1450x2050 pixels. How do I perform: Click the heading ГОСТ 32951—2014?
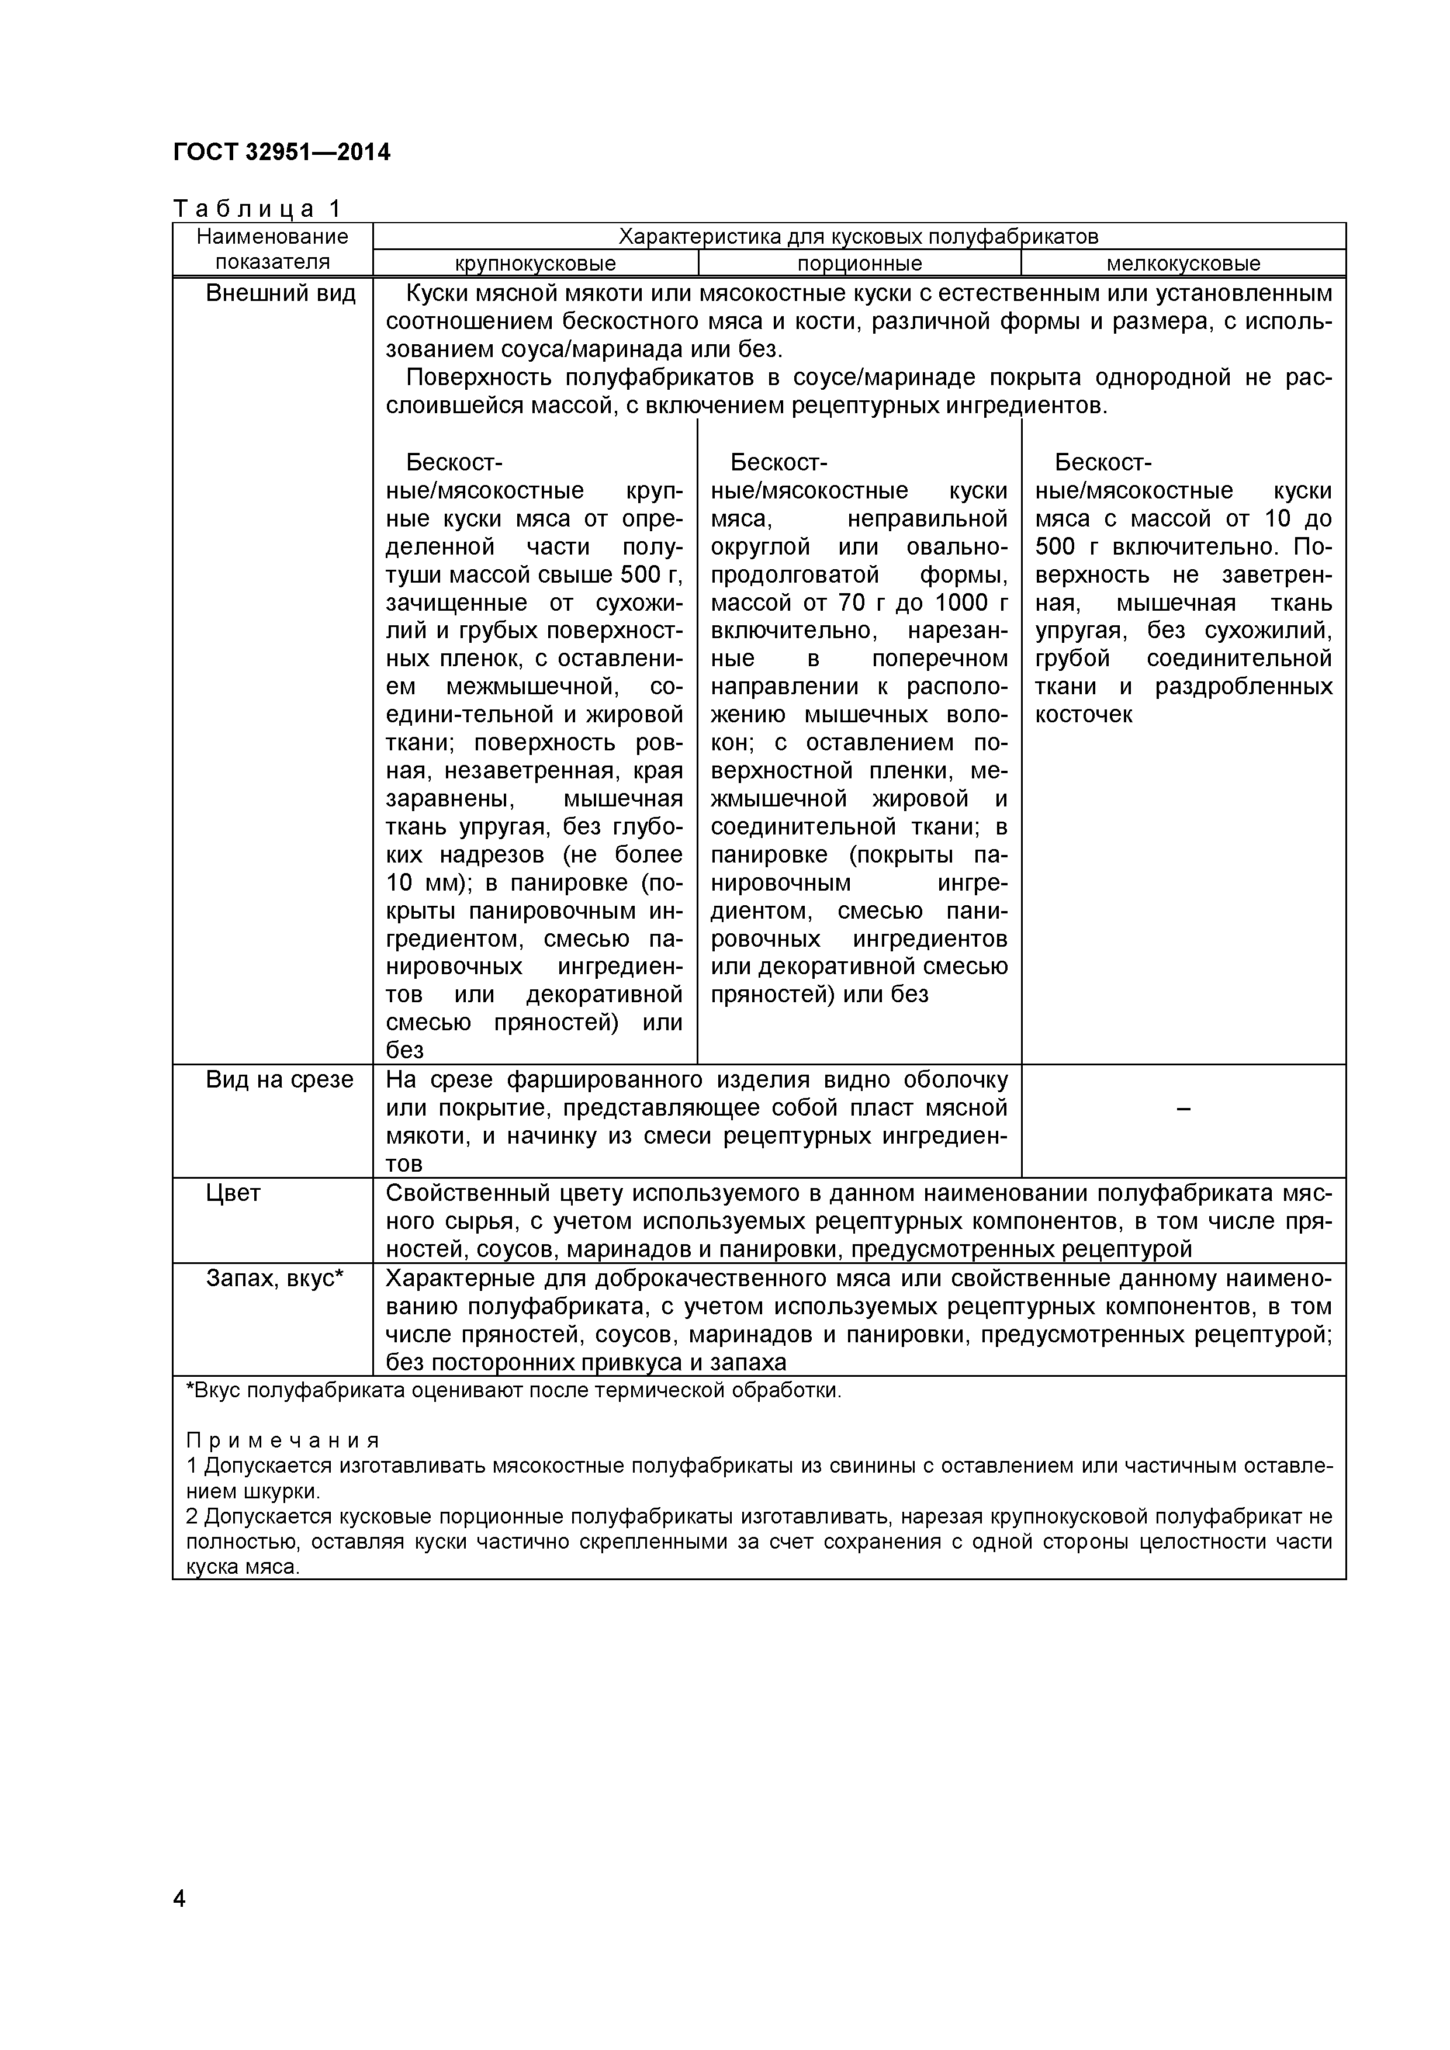[281, 153]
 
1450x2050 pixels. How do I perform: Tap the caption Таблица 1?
[257, 209]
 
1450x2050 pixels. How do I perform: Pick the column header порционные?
[859, 264]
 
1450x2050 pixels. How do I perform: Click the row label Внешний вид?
[281, 294]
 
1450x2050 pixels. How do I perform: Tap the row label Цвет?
[233, 1194]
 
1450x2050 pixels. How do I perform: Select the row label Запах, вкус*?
[274, 1279]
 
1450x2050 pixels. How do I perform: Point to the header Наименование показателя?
[272, 249]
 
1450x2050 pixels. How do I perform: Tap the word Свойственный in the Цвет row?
[477, 1194]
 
